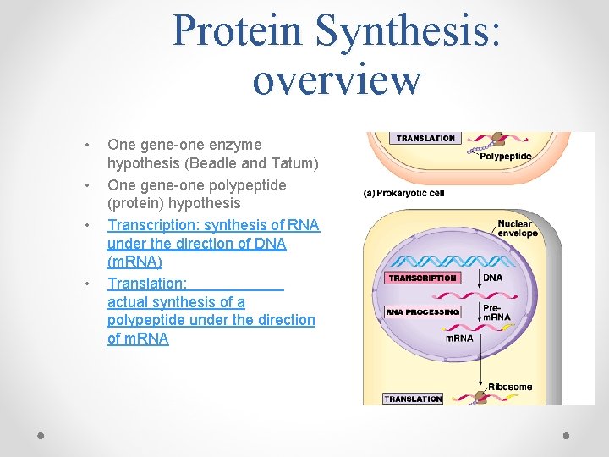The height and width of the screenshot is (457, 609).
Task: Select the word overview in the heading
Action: click(337, 80)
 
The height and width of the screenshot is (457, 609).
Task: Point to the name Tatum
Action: click(294, 163)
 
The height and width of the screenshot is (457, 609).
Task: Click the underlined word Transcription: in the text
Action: click(152, 224)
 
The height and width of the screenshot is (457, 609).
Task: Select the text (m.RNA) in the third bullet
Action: click(134, 262)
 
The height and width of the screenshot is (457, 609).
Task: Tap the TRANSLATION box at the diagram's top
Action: click(425, 138)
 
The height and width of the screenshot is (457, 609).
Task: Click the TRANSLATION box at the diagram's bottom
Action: click(413, 399)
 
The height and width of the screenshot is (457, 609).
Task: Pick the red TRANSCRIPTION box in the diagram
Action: click(422, 278)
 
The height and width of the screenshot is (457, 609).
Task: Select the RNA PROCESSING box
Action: click(422, 311)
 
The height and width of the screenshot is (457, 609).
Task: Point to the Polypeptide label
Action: click(506, 157)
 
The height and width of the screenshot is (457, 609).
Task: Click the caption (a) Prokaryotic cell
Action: click(404, 193)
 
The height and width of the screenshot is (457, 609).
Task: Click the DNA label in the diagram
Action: click(492, 278)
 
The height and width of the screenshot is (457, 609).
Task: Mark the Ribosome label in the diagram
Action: click(511, 387)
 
